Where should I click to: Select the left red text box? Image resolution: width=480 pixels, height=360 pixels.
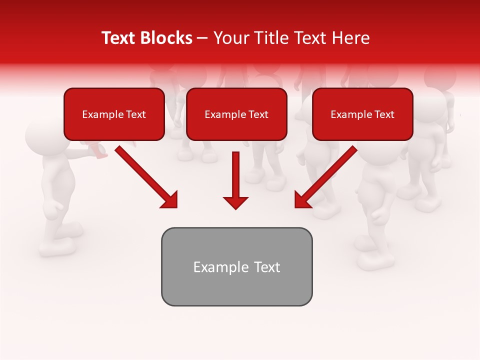[x=114, y=114]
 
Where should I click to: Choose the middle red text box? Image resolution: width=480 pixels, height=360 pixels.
[x=236, y=114]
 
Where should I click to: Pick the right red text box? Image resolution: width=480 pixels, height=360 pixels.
[x=362, y=114]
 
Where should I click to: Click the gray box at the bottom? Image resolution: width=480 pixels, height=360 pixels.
[x=236, y=266]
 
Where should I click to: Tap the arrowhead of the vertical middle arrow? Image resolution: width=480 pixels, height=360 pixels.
[x=235, y=202]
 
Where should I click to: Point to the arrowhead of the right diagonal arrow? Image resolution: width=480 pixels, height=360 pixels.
[x=302, y=199]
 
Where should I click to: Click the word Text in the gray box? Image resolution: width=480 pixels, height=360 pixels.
[x=267, y=267]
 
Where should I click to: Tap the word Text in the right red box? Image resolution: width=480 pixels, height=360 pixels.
[x=384, y=114]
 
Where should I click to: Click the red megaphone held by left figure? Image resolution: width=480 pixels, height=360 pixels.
[x=98, y=150]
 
